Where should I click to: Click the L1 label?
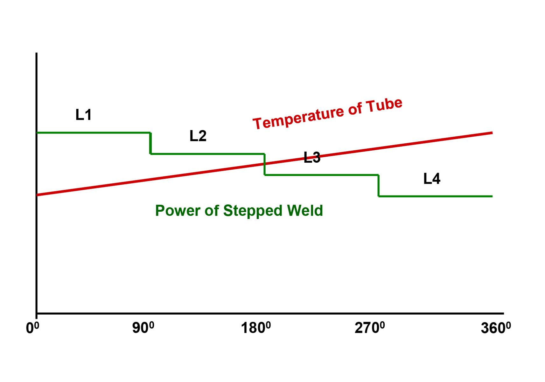[83, 115]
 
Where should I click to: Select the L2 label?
[198, 136]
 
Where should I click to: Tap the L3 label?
[312, 157]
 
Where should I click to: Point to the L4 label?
[432, 179]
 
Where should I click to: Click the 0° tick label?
[32, 328]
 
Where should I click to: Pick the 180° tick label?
[255, 328]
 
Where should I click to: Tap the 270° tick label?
[369, 328]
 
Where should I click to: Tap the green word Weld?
[305, 210]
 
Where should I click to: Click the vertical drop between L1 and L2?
[150, 143]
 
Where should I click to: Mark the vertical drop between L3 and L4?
[379, 186]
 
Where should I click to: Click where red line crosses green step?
[264, 164]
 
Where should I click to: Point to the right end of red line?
[492, 133]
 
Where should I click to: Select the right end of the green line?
[492, 196]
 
